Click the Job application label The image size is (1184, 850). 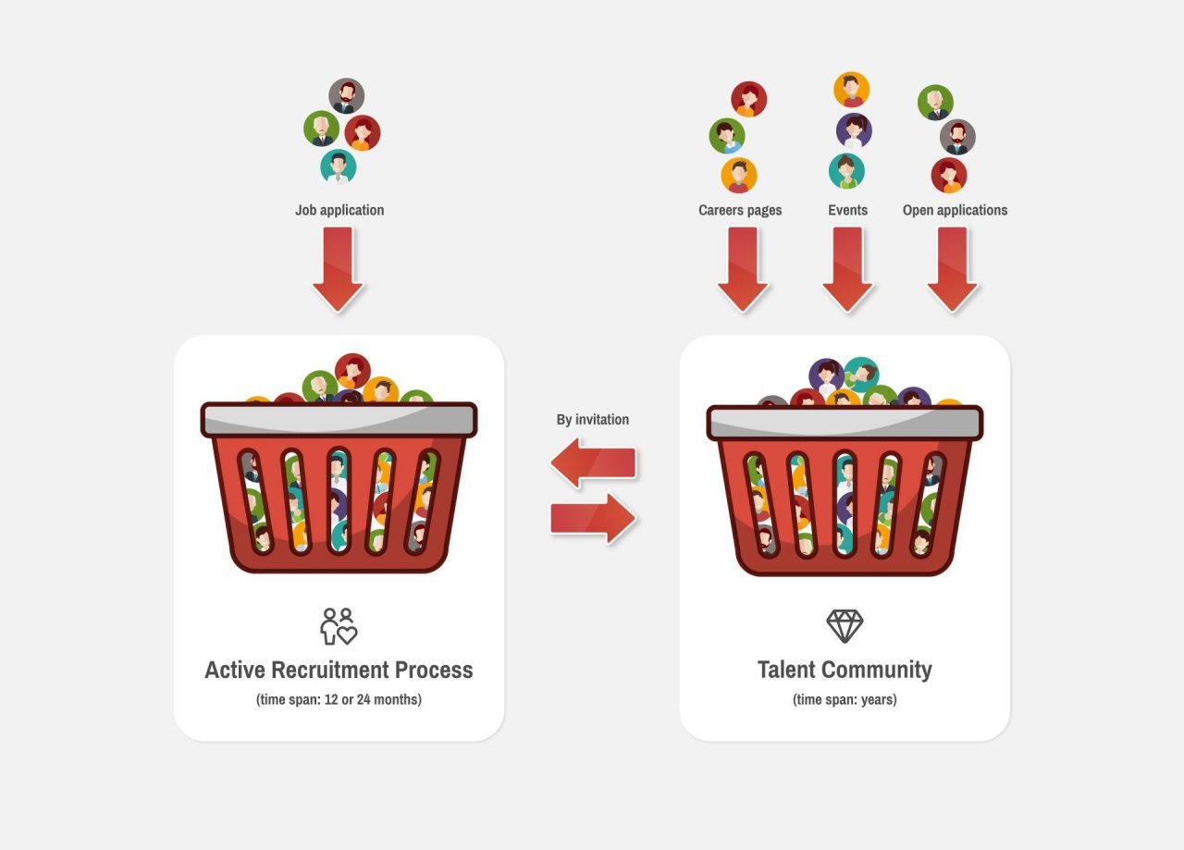tap(339, 210)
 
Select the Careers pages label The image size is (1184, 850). tap(740, 210)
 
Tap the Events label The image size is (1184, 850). tap(847, 210)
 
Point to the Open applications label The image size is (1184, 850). tap(955, 210)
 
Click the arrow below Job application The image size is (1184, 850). tap(339, 268)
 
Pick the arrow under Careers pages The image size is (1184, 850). tap(743, 268)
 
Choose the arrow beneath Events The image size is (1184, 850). tap(847, 268)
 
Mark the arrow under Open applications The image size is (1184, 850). tap(953, 268)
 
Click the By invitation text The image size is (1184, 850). tap(592, 420)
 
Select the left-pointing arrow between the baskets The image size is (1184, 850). tap(593, 462)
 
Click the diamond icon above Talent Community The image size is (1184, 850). tap(845, 626)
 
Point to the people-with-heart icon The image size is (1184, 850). tap(339, 626)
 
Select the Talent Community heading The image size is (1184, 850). tap(845, 670)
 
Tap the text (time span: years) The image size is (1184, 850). tap(845, 699)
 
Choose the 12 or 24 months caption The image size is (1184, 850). tap(339, 699)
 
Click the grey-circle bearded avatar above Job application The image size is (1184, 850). tap(347, 96)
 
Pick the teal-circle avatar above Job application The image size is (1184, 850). tap(339, 166)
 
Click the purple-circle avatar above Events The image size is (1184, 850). tap(854, 130)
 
